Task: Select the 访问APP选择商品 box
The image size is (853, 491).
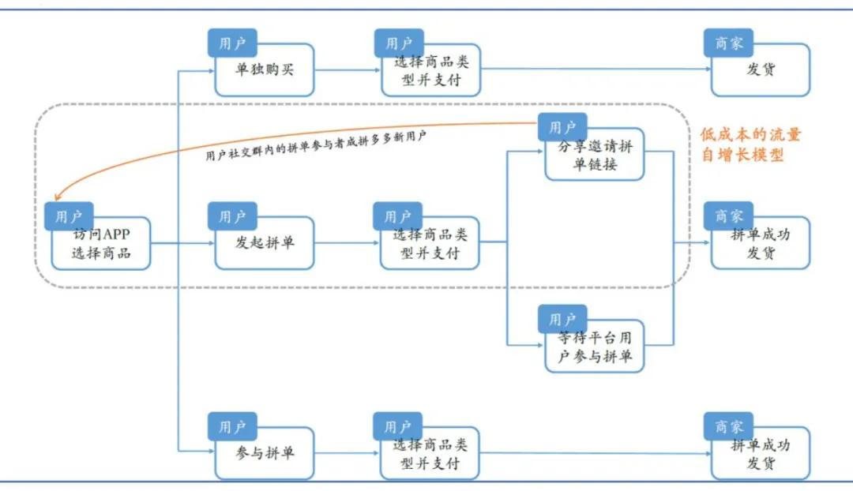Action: (101, 245)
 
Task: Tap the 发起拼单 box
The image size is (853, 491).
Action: (265, 244)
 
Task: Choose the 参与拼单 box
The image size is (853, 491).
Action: (265, 454)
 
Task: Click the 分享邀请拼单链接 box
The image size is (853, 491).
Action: (595, 156)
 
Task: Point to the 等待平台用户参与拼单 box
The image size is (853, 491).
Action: (595, 347)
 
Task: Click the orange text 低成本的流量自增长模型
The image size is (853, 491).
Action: (750, 144)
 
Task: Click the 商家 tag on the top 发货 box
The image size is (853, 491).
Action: (728, 43)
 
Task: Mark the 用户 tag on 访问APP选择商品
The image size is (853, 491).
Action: (69, 216)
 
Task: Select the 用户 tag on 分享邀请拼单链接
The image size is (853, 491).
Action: (562, 127)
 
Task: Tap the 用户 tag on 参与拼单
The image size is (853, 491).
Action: (232, 427)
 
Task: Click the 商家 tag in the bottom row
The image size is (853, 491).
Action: (728, 427)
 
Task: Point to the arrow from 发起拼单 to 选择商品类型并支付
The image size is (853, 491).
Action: (346, 242)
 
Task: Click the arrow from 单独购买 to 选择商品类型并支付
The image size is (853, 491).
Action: (346, 70)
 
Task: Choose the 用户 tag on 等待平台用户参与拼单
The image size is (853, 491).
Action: (562, 320)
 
